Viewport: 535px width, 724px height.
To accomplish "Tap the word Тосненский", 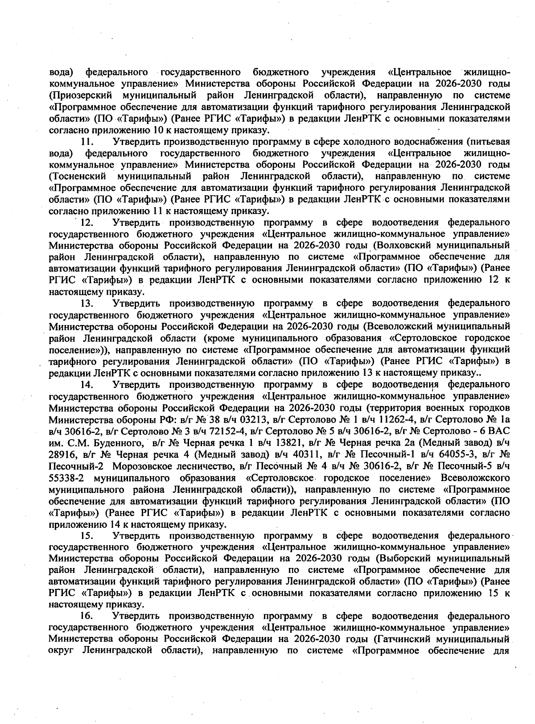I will point(76,175).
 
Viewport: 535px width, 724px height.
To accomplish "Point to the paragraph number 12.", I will point(86,222).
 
